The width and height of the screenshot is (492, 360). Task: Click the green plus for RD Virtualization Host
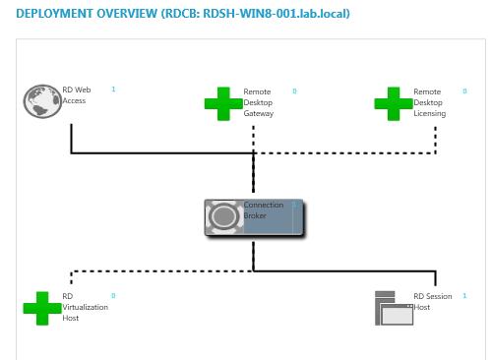(x=42, y=308)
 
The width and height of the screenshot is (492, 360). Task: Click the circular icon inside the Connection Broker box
(x=223, y=216)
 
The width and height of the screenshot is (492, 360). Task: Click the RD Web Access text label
(x=76, y=95)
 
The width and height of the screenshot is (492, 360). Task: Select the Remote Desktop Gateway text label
(x=258, y=102)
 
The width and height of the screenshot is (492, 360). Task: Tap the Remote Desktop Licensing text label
(x=429, y=102)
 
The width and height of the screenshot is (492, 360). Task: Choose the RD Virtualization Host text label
(x=84, y=307)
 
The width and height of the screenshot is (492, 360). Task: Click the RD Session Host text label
(x=434, y=301)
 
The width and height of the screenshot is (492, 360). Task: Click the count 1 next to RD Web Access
(x=113, y=90)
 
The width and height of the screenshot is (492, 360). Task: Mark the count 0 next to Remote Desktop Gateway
(x=293, y=90)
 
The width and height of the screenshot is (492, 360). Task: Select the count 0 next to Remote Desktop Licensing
(x=464, y=90)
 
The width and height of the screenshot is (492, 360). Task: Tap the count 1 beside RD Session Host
(x=464, y=295)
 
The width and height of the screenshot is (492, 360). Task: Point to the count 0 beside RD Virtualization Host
(x=113, y=295)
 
